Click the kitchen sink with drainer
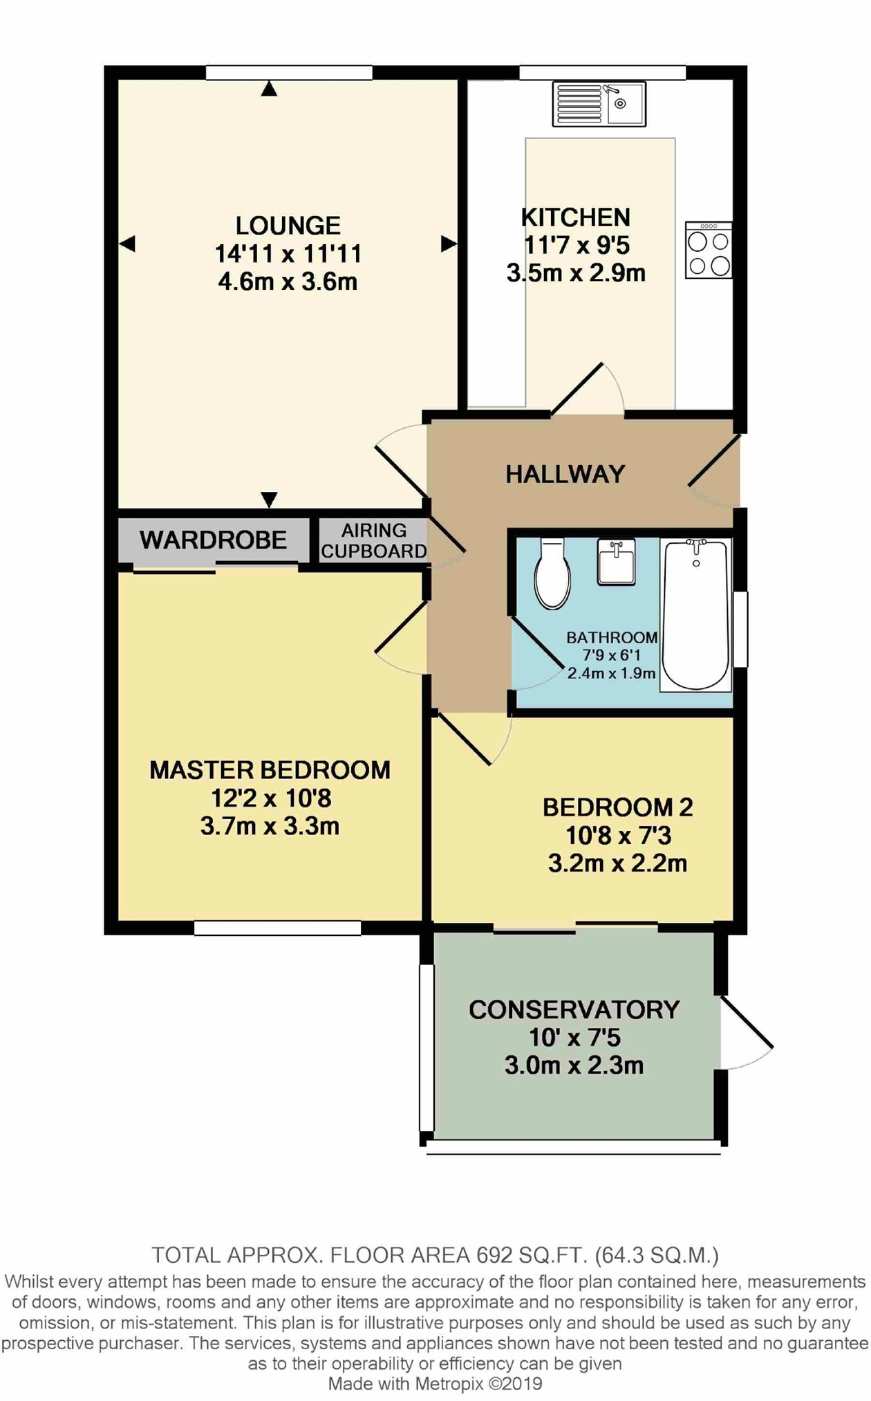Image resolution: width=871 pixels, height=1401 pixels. click(x=599, y=104)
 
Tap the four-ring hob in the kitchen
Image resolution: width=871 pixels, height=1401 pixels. click(x=709, y=250)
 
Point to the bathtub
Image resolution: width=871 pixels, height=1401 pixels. click(x=695, y=615)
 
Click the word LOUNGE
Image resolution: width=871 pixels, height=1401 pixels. click(x=288, y=226)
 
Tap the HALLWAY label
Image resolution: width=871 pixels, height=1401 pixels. click(x=565, y=474)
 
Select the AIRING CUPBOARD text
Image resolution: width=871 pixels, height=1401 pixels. click(x=374, y=540)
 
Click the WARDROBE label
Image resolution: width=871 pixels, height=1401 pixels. click(x=214, y=540)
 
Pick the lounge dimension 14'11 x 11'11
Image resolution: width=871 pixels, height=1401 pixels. click(x=288, y=254)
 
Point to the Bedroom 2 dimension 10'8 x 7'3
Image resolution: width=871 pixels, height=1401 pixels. click(x=618, y=836)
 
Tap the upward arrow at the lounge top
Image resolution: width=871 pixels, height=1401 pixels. click(x=269, y=88)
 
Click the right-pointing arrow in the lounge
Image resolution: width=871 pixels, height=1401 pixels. click(x=449, y=244)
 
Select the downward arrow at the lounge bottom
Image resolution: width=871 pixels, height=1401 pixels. click(x=269, y=500)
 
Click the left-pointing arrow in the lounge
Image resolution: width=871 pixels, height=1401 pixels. click(x=127, y=244)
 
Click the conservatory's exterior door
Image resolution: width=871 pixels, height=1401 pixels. click(x=747, y=1023)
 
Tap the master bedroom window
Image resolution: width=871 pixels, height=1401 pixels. click(x=278, y=928)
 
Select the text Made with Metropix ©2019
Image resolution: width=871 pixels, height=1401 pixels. click(x=435, y=1384)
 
